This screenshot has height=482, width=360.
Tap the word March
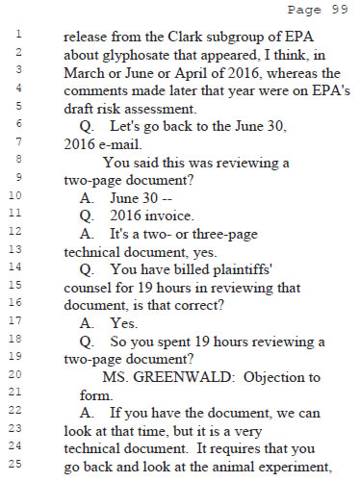(85, 72)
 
